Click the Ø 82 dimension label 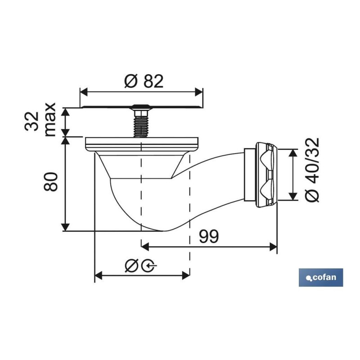(x=144, y=81)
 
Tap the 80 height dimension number (x=50, y=182)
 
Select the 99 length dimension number (x=209, y=237)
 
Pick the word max (x=50, y=120)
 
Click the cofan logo (x=321, y=277)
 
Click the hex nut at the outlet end (x=266, y=175)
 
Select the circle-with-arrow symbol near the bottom (x=149, y=266)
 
